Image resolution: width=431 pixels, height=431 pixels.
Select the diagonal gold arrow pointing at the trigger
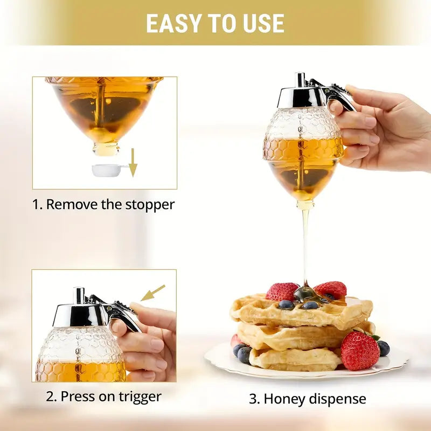152,293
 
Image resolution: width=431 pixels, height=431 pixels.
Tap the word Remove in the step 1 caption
65,205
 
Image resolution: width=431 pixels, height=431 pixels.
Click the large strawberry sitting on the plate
359,350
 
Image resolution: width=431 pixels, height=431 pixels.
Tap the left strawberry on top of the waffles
281,291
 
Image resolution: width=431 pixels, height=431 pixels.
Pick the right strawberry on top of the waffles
331,289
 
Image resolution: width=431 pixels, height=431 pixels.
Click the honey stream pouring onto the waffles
305,242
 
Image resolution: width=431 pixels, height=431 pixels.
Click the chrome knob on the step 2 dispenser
79,295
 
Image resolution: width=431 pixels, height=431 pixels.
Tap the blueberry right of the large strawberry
383,349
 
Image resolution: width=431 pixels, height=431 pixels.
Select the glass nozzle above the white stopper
106,148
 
